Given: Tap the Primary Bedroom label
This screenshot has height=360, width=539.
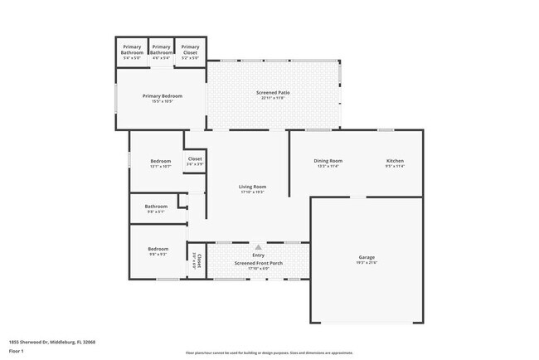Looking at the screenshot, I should (162, 96).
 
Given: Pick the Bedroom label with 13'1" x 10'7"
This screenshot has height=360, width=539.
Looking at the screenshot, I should (160, 161).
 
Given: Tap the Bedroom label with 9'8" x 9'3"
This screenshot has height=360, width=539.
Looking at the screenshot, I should (158, 249).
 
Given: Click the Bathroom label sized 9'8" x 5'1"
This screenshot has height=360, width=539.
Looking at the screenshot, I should (156, 207).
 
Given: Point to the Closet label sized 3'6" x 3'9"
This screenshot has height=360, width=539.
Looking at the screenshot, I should (195, 158).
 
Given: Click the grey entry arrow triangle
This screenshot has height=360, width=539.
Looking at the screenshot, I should (258, 246).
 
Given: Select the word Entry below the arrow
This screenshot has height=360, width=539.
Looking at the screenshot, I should (258, 256).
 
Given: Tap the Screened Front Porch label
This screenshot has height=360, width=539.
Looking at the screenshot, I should (258, 263).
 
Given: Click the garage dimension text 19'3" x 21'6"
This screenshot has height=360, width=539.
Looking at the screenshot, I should (367, 263).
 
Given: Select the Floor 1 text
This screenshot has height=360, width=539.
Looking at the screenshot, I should (17, 351).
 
